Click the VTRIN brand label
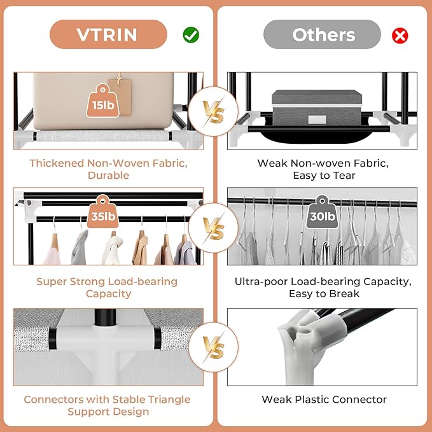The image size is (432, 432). (x=108, y=34)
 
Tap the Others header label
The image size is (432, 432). (x=323, y=34)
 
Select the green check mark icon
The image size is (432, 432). (x=191, y=35)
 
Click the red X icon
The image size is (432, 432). (x=400, y=35)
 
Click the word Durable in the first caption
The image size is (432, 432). (x=108, y=175)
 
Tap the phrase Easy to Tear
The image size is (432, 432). (x=323, y=175)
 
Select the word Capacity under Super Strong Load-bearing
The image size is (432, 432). (x=108, y=293)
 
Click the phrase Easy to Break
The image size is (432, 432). (x=323, y=293)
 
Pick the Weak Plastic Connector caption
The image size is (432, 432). (x=324, y=400)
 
